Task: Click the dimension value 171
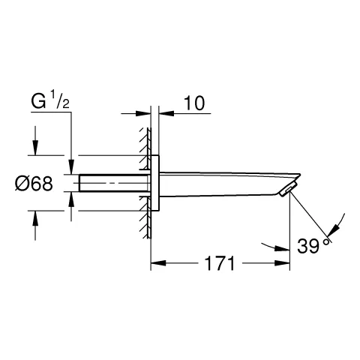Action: pos(220,263)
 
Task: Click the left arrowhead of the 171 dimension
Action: pos(157,263)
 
